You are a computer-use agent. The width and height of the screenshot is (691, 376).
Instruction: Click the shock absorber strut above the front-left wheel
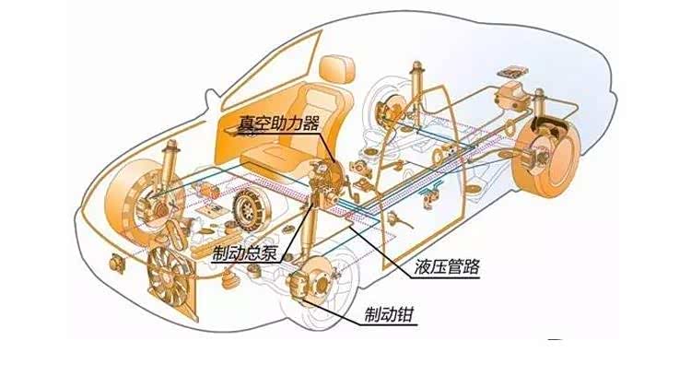[x=170, y=166]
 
